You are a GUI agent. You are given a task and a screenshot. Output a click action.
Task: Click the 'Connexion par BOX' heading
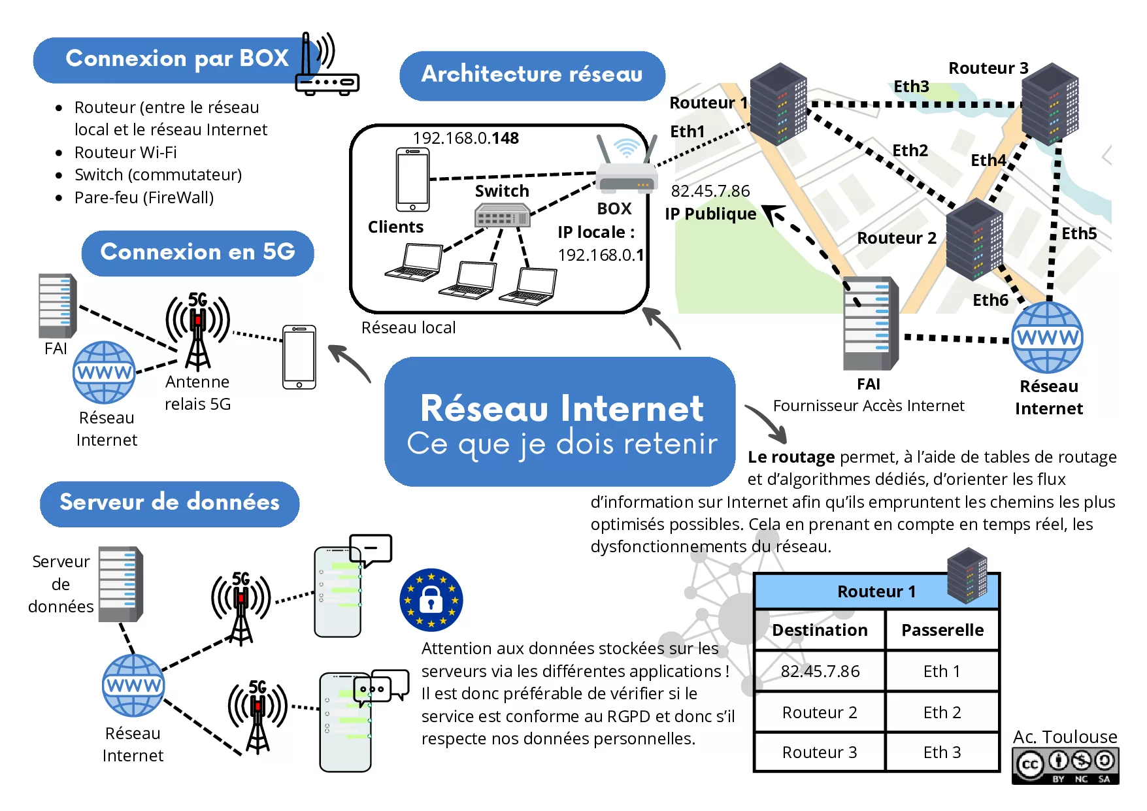177,59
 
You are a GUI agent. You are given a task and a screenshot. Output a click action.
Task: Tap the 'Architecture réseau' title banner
532,75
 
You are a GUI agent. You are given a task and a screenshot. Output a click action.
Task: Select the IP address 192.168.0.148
466,138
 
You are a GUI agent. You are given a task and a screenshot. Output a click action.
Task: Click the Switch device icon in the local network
502,215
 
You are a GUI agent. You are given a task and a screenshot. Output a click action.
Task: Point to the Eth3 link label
911,86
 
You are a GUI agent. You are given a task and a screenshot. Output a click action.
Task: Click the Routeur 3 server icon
1050,103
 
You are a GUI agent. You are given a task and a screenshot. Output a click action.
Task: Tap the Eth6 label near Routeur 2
990,300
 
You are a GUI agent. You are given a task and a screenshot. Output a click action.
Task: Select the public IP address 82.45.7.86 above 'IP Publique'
710,191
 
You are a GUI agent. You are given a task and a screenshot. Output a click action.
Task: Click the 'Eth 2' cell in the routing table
942,712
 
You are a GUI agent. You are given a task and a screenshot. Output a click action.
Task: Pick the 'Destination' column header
820,630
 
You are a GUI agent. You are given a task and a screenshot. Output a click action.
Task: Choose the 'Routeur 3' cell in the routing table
820,752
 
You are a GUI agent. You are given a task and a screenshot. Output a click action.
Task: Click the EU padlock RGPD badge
431,599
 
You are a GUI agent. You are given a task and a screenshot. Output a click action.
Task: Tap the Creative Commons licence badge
1065,765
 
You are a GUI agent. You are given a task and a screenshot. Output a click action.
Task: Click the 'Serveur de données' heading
169,502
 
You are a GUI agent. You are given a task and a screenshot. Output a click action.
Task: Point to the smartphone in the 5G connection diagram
299,357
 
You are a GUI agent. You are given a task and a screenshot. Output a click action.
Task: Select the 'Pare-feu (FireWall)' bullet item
144,197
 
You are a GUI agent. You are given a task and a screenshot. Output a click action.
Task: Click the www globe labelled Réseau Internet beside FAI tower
1048,337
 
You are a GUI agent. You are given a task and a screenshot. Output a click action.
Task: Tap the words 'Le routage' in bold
791,457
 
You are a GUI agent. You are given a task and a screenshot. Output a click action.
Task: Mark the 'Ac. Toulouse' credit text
1065,737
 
